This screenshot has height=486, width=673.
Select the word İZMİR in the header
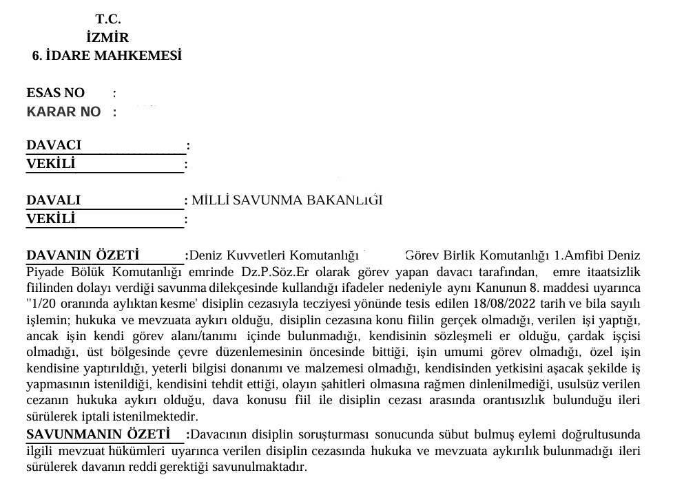[108, 38]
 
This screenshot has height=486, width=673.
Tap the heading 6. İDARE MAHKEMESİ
[107, 56]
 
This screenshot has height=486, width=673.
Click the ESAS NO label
[56, 93]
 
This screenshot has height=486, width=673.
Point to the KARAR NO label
[63, 112]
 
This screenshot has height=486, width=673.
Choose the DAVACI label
[54, 145]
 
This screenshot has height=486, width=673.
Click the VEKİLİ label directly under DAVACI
[51, 164]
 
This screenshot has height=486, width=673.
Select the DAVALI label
[54, 200]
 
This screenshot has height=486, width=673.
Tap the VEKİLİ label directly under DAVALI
[51, 219]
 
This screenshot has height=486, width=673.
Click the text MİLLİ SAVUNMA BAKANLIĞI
[286, 200]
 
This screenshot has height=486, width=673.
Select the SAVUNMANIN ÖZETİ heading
[98, 434]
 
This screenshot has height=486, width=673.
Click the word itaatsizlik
[613, 271]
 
